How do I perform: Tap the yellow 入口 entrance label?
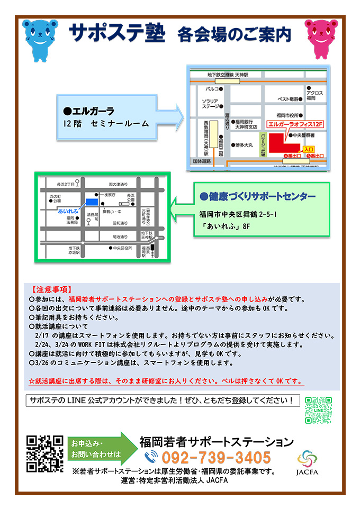click(x=309, y=149)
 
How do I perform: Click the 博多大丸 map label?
click(x=245, y=144)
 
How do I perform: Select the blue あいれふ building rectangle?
click(x=92, y=202)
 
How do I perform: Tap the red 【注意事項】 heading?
click(x=52, y=289)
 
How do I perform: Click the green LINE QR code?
click(x=318, y=410)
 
